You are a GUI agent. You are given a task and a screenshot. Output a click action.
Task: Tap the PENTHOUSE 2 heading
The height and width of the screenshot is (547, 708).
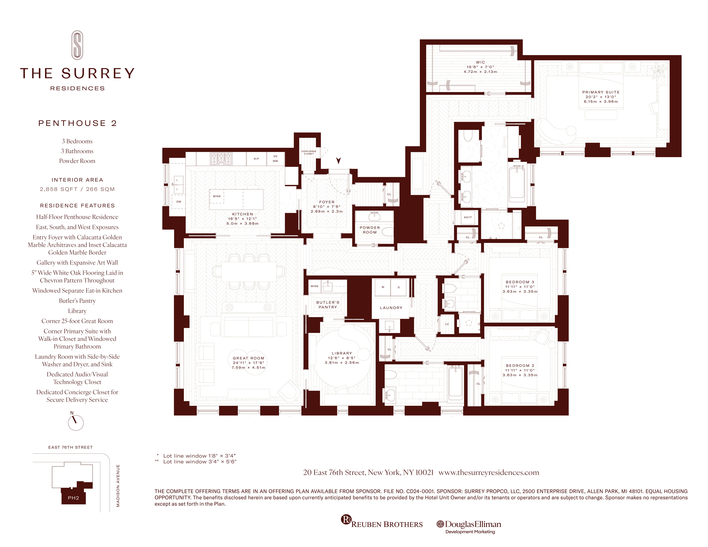pyautogui.click(x=78, y=123)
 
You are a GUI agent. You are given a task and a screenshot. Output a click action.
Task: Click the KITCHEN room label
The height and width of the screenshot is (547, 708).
pyautogui.click(x=242, y=214)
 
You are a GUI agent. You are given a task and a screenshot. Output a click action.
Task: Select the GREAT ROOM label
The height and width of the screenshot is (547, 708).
pyautogui.click(x=248, y=358)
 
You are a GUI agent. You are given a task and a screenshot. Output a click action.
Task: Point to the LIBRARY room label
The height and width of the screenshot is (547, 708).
pyautogui.click(x=342, y=353)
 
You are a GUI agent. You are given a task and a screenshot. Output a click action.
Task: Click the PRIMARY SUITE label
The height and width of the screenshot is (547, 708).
pyautogui.click(x=601, y=92)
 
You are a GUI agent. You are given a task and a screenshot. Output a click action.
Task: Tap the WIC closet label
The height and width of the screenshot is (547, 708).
pyautogui.click(x=480, y=62)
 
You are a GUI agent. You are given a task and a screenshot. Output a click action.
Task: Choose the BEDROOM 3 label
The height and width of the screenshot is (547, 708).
pyautogui.click(x=520, y=282)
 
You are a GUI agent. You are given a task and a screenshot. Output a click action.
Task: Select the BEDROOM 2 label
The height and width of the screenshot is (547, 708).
pyautogui.click(x=520, y=366)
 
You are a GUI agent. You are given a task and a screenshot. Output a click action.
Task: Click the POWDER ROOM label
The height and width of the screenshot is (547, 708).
pyautogui.click(x=370, y=230)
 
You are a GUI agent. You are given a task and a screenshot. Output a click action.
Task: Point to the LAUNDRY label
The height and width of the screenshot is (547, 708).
pyautogui.click(x=391, y=308)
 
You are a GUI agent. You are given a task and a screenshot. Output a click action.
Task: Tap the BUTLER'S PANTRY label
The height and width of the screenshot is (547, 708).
pyautogui.click(x=328, y=305)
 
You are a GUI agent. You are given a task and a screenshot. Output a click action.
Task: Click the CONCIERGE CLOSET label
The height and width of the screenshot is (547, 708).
pyautogui.click(x=309, y=152)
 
